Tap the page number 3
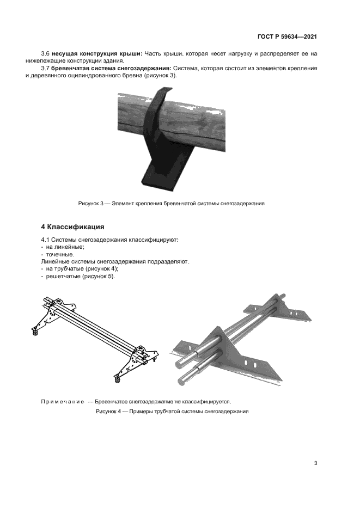pos(315,463)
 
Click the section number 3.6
pos(45,53)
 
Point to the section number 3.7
pos(45,68)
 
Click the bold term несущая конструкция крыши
pos(97,53)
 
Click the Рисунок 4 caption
pos(172,412)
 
